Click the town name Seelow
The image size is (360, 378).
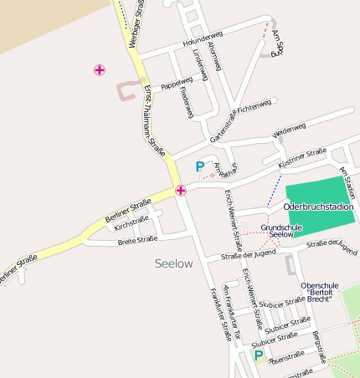pyautogui.click(x=173, y=263)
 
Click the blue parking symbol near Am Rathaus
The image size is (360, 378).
pyautogui.click(x=199, y=166)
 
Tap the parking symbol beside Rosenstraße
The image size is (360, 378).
pyautogui.click(x=260, y=356)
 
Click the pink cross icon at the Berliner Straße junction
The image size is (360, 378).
pyautogui.click(x=181, y=191)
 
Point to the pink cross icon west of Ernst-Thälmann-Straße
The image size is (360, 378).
pyautogui.click(x=100, y=70)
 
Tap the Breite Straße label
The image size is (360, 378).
pyautogui.click(x=137, y=240)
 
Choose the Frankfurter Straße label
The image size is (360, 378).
pyautogui.click(x=219, y=314)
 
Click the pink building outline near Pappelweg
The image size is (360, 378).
pyautogui.click(x=126, y=89)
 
